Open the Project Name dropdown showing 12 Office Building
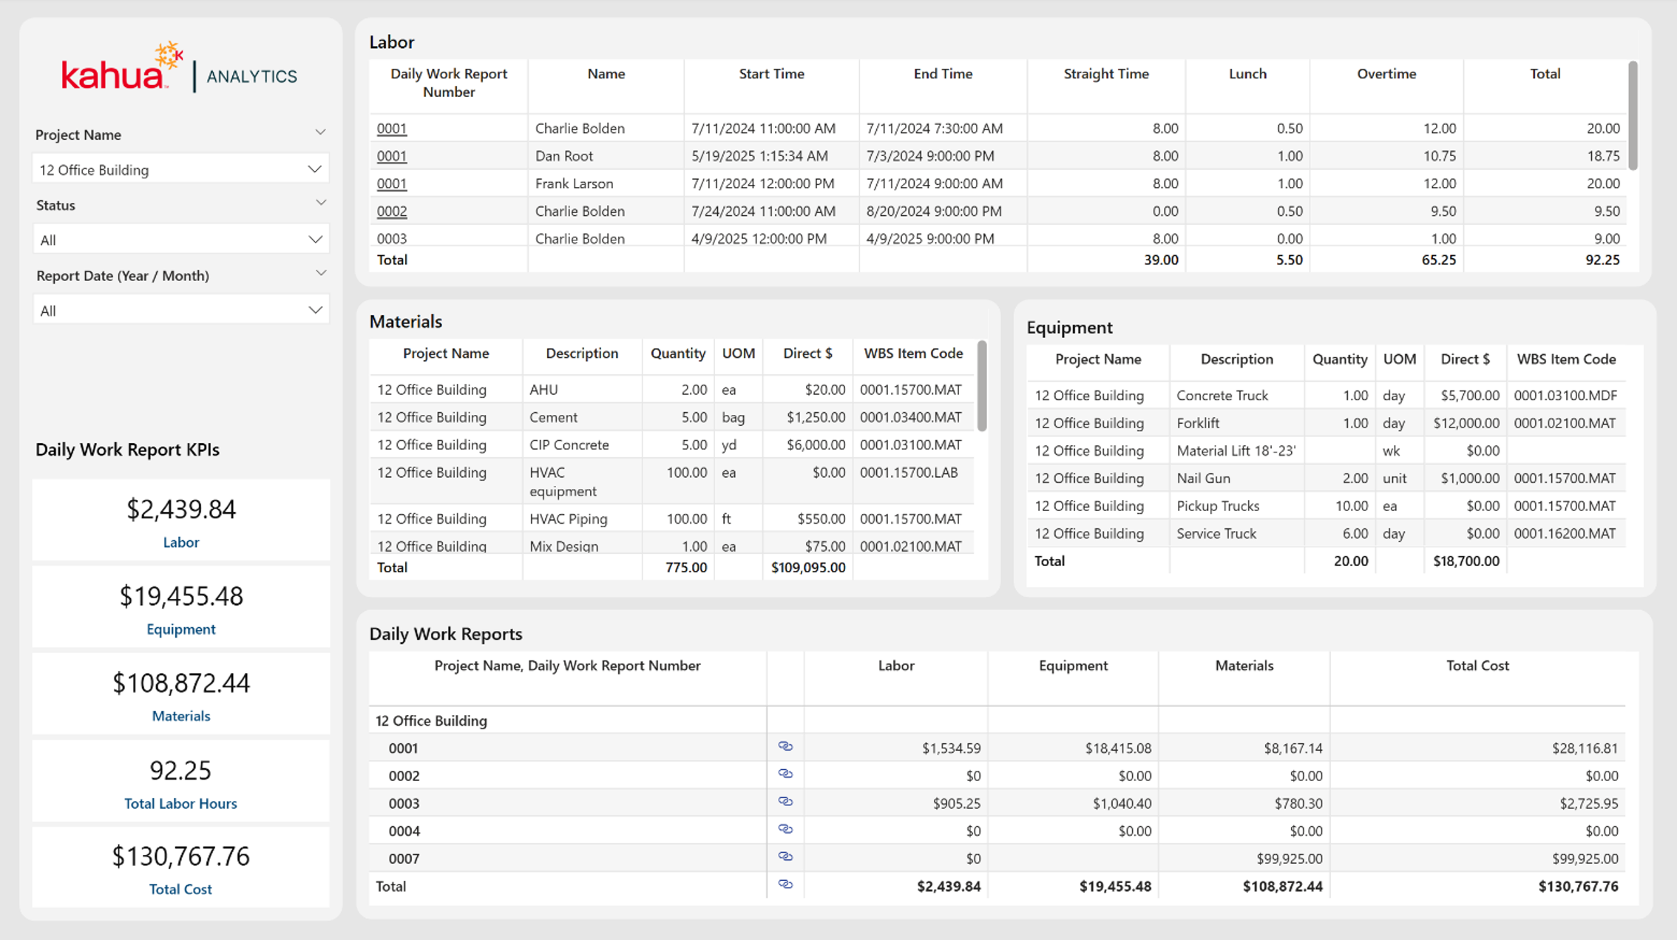point(180,169)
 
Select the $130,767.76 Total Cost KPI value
point(181,856)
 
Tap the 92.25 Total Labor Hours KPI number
point(180,770)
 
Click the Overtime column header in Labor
point(1386,74)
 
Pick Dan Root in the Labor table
point(564,156)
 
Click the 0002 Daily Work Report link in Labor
point(392,211)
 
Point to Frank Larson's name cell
point(574,183)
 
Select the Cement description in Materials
point(553,417)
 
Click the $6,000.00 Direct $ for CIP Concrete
point(816,444)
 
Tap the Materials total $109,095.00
point(808,567)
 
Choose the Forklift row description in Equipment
point(1198,423)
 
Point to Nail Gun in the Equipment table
point(1203,479)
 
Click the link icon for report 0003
point(785,802)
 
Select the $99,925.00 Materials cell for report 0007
point(1290,859)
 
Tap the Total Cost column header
point(1477,666)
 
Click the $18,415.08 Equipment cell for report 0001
point(1118,748)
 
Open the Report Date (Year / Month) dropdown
point(180,311)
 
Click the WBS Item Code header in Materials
point(913,354)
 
